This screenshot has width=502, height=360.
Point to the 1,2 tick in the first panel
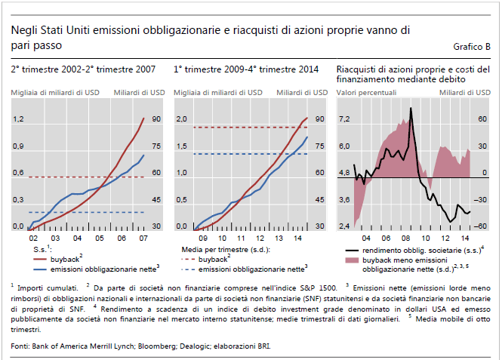18,119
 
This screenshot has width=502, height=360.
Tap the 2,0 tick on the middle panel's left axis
181,119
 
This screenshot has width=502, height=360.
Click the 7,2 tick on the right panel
344,119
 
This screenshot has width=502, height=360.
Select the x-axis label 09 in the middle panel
202,238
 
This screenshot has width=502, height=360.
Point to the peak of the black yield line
411,109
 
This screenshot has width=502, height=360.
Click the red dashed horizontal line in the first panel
83,177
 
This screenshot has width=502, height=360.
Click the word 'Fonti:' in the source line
22,346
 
